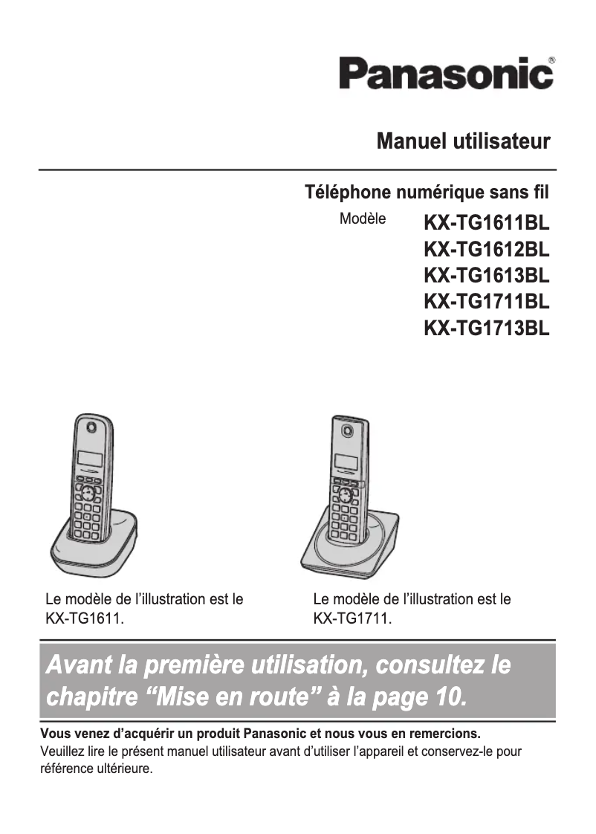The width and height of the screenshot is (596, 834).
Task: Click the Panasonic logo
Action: [446, 74]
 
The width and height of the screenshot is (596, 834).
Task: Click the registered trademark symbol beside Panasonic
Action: [551, 59]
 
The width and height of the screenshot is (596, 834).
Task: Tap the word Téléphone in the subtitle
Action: [347, 193]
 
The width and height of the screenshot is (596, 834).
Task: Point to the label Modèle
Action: [363, 219]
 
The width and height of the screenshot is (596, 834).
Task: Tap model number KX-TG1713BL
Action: [486, 329]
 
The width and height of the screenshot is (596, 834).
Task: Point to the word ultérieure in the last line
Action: [122, 769]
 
